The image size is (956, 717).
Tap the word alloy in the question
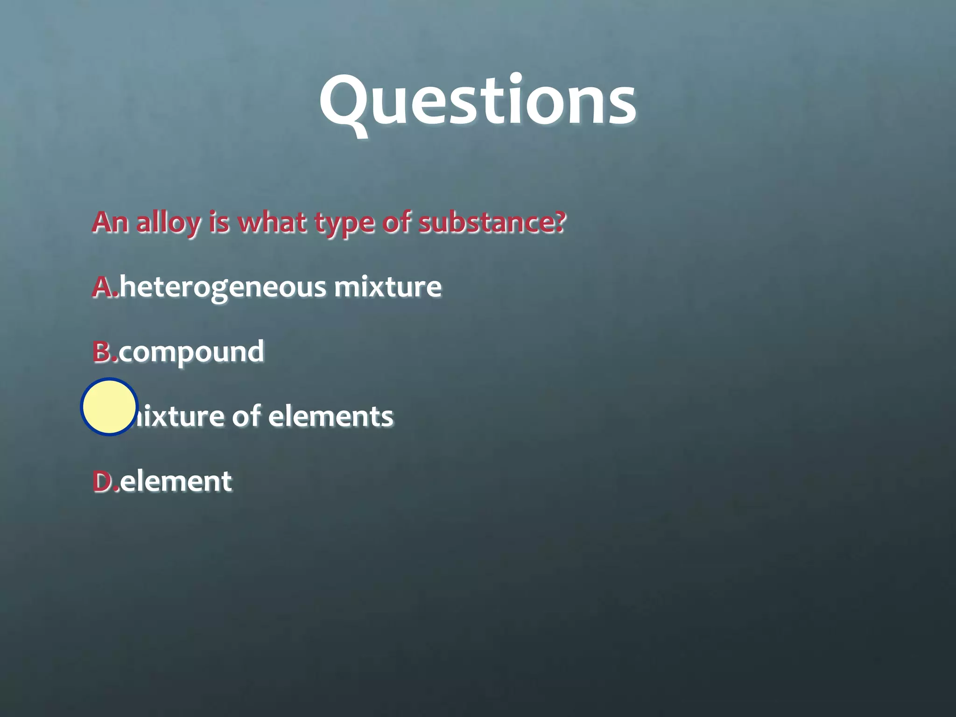[168, 222]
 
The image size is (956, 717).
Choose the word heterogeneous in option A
[223, 287]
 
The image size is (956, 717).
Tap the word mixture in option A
[387, 287]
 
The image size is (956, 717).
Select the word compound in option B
[191, 351]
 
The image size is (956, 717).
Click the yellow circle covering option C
[109, 407]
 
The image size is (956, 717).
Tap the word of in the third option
[246, 416]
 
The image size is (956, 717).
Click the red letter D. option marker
[105, 481]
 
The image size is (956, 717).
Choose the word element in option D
[176, 481]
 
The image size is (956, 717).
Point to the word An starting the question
[110, 222]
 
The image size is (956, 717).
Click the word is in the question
[219, 222]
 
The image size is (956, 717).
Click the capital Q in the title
[345, 103]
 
